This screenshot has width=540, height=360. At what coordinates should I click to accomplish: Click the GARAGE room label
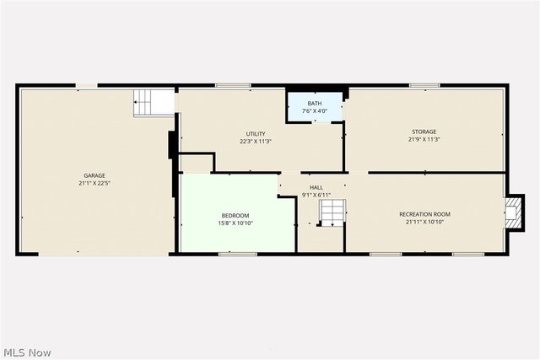(94, 175)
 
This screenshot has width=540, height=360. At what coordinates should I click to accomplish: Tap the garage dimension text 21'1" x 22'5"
(94, 183)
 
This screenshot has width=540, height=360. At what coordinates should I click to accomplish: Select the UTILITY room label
(256, 134)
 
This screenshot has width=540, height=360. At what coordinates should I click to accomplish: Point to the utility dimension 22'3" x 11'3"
(256, 142)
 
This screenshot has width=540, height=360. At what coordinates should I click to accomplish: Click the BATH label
(314, 104)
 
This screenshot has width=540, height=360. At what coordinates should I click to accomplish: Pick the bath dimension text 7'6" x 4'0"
(314, 111)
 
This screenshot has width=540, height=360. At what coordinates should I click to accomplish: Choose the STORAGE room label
(424, 132)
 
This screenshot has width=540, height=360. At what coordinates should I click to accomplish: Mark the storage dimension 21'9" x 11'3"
(424, 139)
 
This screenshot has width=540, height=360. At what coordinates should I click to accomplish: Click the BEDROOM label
(235, 215)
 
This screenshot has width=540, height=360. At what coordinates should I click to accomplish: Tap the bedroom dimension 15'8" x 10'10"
(235, 223)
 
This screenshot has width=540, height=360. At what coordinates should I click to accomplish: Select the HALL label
(316, 187)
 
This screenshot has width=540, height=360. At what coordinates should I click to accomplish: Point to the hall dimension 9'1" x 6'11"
(316, 195)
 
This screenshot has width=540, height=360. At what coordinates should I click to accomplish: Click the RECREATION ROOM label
(424, 214)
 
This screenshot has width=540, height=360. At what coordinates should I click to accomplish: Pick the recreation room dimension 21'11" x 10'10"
(424, 223)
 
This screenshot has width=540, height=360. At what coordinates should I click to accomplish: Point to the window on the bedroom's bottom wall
(237, 253)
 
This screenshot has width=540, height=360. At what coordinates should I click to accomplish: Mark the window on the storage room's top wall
(424, 84)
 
